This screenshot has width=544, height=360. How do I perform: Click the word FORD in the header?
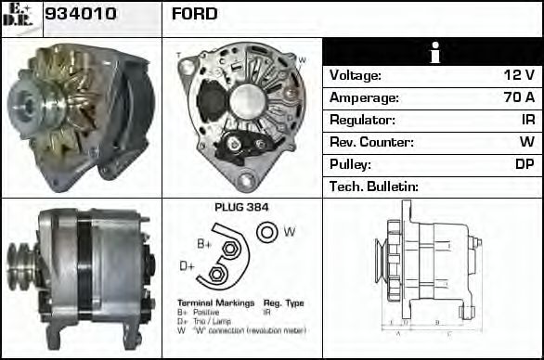click(x=194, y=14)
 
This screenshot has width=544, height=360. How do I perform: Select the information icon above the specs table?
click(x=433, y=53)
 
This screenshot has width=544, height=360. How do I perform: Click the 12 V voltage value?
click(x=518, y=75)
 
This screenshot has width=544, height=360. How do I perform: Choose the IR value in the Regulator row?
click(x=527, y=120)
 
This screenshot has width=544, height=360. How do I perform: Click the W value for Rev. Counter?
click(x=526, y=142)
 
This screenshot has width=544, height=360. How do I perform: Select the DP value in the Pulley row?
click(x=525, y=164)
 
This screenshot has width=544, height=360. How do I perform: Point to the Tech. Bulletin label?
click(x=374, y=186)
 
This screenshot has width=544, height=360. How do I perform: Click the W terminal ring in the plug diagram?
click(x=266, y=231)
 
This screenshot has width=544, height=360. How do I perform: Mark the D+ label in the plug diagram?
click(x=187, y=265)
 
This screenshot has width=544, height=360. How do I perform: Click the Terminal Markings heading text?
click(x=208, y=303)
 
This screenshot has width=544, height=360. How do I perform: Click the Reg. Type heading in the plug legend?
click(x=283, y=303)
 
